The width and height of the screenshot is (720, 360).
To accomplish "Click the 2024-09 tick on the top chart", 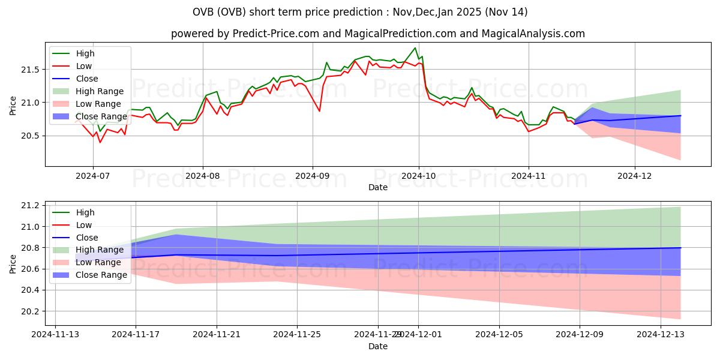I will [x=312, y=176].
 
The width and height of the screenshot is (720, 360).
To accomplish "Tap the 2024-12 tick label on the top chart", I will [x=635, y=176].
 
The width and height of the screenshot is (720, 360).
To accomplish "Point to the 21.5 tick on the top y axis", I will [x=33, y=70].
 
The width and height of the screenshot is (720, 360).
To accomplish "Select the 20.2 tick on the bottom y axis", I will [x=33, y=311].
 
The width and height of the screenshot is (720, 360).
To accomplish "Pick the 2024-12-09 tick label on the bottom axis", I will [x=580, y=335].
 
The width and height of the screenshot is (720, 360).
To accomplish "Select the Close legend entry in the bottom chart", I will [x=87, y=238].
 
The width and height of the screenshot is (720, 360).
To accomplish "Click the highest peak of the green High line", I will [x=415, y=48].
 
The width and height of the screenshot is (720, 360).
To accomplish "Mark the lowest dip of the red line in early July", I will [x=100, y=142].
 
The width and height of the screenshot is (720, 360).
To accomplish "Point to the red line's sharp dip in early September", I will [x=319, y=111].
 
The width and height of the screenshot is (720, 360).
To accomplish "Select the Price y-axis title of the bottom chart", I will [x=13, y=263].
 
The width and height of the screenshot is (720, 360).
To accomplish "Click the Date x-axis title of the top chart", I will [x=378, y=187].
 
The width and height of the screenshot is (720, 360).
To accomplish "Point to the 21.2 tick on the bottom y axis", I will [x=33, y=205].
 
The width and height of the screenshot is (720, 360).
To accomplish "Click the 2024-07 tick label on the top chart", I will [x=93, y=176].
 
